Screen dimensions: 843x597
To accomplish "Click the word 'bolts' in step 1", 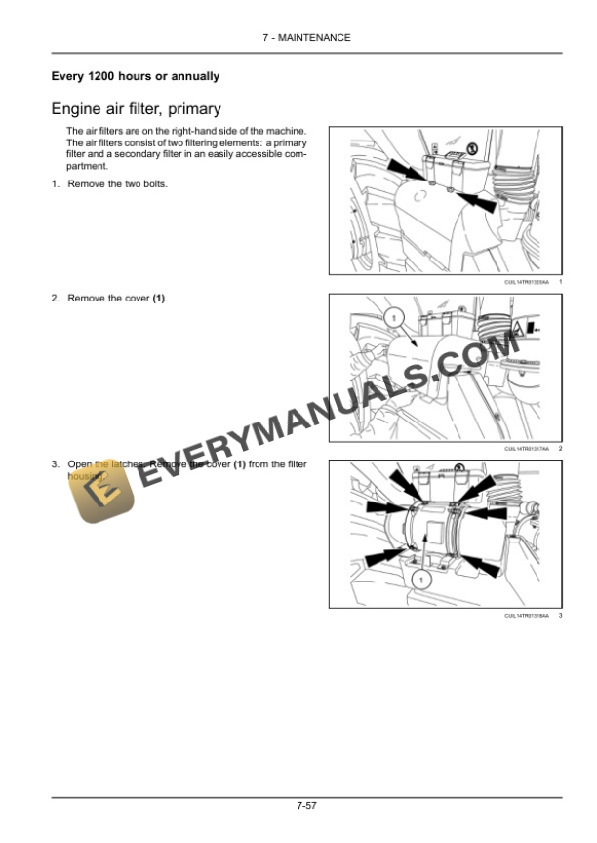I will pyautogui.click(x=152, y=184).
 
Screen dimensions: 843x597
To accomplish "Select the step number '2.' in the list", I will pyautogui.click(x=56, y=298).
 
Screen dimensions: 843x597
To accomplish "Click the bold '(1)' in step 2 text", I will pyautogui.click(x=159, y=298).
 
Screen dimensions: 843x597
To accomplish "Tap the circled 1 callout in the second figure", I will pyautogui.click(x=390, y=317).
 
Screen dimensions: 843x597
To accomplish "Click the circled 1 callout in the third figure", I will pyautogui.click(x=420, y=580).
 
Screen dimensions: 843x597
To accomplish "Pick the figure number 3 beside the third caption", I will pyautogui.click(x=561, y=615).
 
